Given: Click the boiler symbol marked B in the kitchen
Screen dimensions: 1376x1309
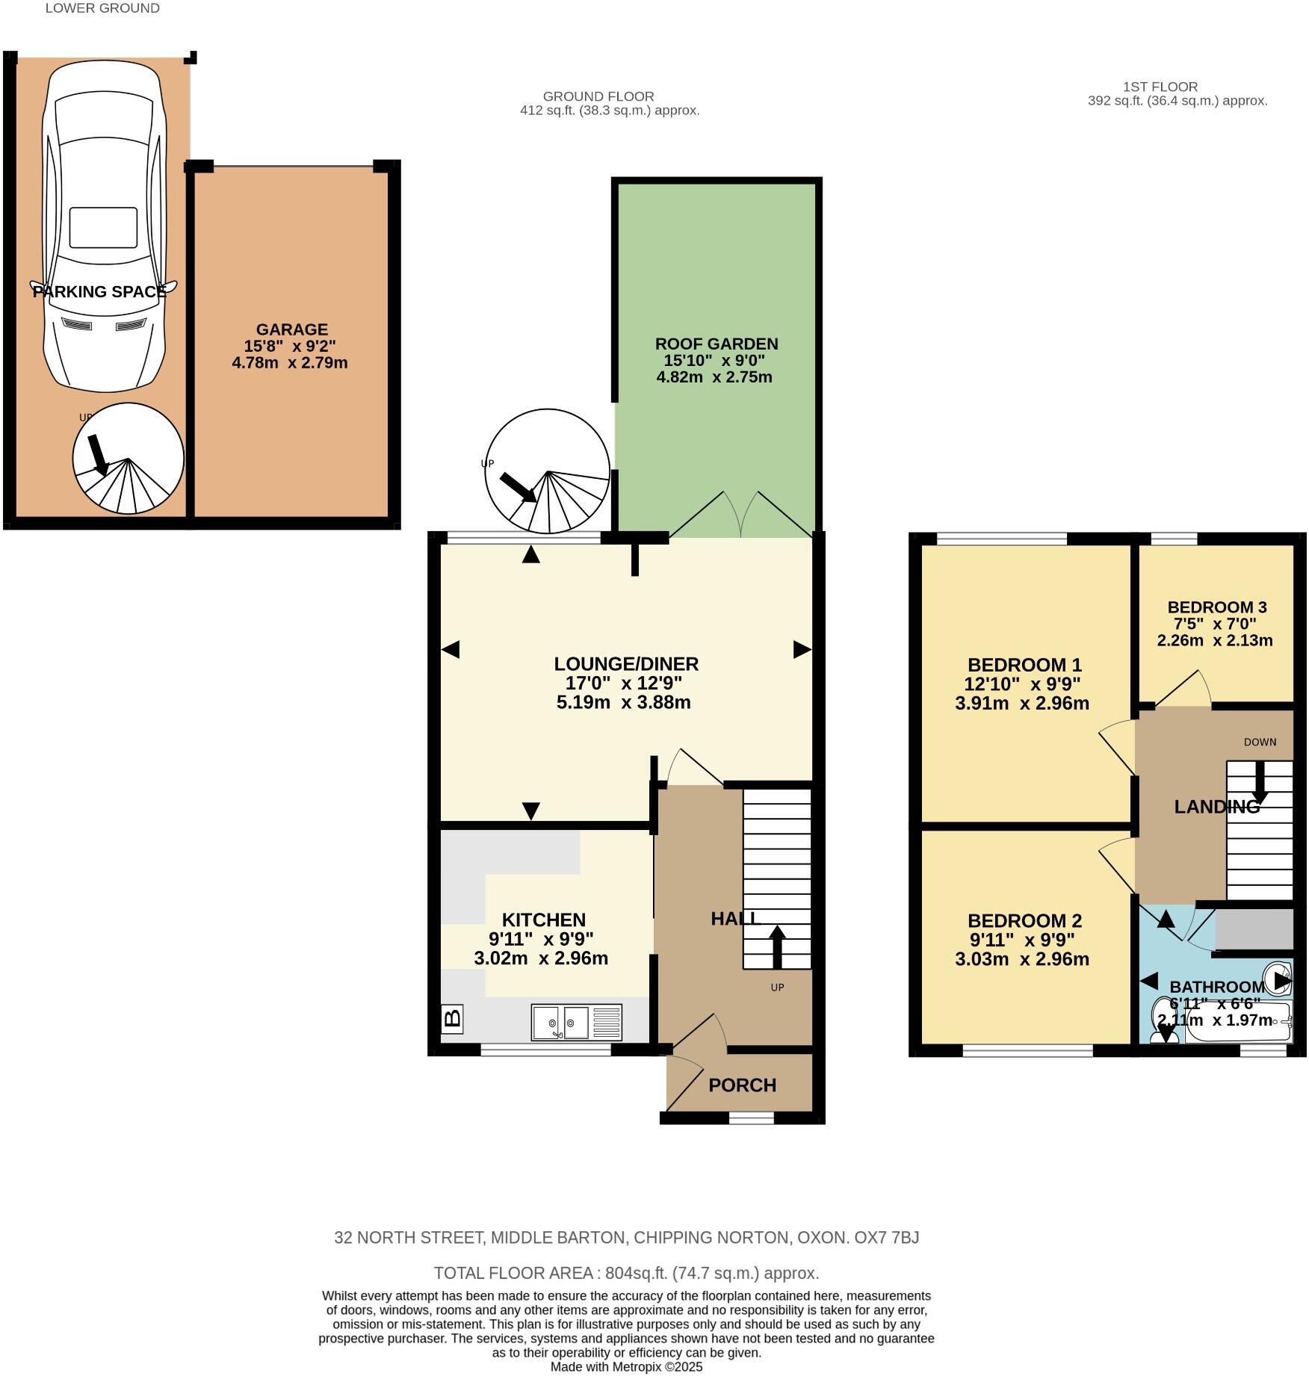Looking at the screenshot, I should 452,1018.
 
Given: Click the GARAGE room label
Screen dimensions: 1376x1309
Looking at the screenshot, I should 291,329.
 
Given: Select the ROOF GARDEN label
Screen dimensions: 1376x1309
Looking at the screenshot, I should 716,344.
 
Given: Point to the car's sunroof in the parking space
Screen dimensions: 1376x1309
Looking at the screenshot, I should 103,228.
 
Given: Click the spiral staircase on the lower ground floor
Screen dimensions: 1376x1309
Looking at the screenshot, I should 129,459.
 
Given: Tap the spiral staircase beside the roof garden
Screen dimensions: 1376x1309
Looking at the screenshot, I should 548,471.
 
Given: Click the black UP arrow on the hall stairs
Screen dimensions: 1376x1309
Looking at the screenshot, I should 777,946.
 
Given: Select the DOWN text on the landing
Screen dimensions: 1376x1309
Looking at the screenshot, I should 1260,742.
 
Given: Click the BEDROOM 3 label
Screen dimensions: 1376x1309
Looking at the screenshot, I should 1216,607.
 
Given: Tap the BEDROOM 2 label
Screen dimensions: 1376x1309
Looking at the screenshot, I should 1024,921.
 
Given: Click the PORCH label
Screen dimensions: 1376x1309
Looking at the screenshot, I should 742,1085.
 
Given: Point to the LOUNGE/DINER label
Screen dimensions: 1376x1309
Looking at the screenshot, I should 626,663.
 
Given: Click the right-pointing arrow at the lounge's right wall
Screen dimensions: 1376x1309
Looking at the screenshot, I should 802,649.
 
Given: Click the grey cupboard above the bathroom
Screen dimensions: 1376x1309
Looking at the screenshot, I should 1253,929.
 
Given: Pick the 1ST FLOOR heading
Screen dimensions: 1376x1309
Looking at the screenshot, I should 1160,87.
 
